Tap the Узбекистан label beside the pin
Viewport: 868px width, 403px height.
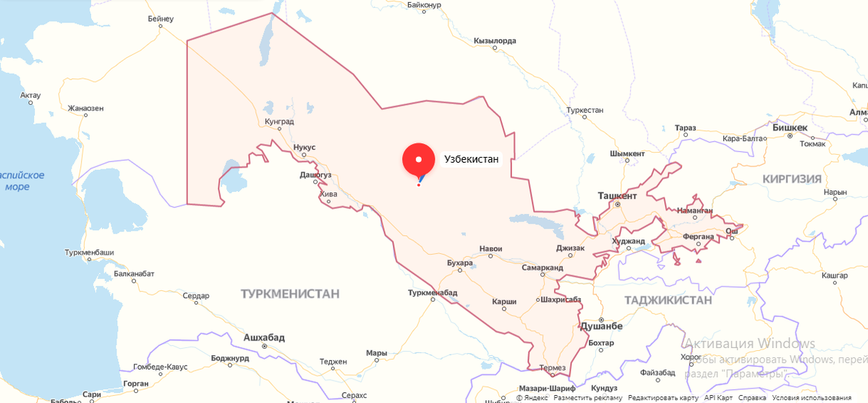click(x=471, y=159)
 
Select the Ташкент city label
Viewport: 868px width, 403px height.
click(x=617, y=196)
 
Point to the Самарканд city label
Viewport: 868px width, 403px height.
click(x=542, y=267)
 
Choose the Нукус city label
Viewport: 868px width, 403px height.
click(x=305, y=147)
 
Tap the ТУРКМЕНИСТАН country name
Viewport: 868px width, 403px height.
click(x=290, y=294)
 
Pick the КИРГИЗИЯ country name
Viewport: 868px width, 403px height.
click(x=791, y=179)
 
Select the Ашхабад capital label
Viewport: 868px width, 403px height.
click(x=264, y=338)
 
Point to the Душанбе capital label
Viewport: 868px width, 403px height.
click(x=601, y=326)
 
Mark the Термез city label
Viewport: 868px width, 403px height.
click(x=553, y=368)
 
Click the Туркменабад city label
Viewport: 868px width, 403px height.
click(x=433, y=292)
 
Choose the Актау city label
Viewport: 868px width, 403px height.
click(x=30, y=95)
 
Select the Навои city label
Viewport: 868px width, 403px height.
click(x=490, y=249)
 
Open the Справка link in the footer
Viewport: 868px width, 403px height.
click(x=752, y=398)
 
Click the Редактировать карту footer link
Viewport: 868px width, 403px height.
click(x=663, y=398)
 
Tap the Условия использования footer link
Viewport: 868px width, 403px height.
click(x=812, y=398)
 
